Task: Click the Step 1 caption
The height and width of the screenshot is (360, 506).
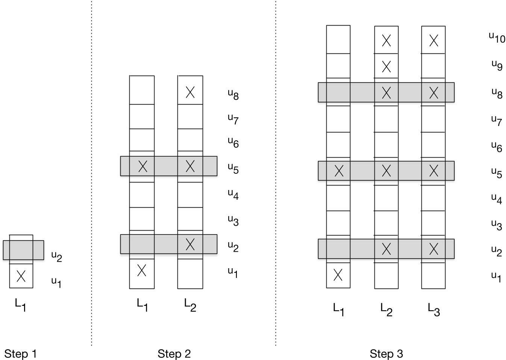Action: click(x=20, y=354)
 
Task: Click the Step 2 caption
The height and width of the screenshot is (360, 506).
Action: click(x=174, y=354)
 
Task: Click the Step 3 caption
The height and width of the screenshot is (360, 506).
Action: click(x=386, y=354)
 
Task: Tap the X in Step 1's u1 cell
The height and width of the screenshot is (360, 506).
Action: click(x=21, y=276)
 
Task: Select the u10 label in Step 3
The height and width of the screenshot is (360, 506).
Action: click(x=497, y=37)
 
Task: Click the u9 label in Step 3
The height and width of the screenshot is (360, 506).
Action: click(x=497, y=65)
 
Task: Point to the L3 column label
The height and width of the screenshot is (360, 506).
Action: click(x=433, y=310)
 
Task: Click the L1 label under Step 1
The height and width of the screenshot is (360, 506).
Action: click(x=21, y=305)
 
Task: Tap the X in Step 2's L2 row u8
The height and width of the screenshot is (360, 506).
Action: click(x=190, y=92)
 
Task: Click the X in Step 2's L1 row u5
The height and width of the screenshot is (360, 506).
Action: click(x=142, y=166)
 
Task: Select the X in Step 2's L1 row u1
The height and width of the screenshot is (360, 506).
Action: click(x=141, y=270)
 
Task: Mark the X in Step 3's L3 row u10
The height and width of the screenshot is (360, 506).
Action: click(x=433, y=40)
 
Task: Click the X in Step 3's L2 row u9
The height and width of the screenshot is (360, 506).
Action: click(x=386, y=67)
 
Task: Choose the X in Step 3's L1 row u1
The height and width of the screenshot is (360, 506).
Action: click(x=338, y=275)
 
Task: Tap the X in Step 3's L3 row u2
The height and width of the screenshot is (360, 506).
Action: click(x=433, y=249)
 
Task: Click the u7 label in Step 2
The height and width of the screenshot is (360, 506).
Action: click(x=233, y=119)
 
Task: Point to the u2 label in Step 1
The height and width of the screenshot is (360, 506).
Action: click(x=56, y=256)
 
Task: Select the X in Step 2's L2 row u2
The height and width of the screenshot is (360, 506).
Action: click(x=190, y=244)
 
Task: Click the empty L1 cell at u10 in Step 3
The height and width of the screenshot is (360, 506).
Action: click(x=338, y=39)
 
